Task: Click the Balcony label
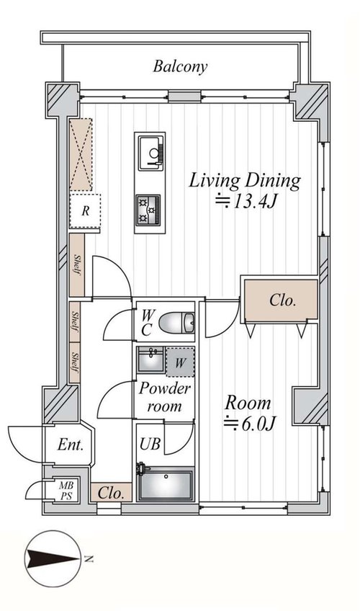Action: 180,66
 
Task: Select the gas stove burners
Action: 148,210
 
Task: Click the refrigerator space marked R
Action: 85,211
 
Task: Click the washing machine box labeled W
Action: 180,362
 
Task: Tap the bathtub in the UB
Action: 166,485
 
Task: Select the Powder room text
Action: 165,397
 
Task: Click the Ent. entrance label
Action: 71,445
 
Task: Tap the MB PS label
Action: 66,490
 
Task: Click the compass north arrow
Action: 52,558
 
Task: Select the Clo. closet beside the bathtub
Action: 112,493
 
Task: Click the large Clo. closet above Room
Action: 282,300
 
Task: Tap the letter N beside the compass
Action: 89,559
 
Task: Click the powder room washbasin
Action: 150,360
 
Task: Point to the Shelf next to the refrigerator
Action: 77,264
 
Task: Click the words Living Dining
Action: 245,181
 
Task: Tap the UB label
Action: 150,443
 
